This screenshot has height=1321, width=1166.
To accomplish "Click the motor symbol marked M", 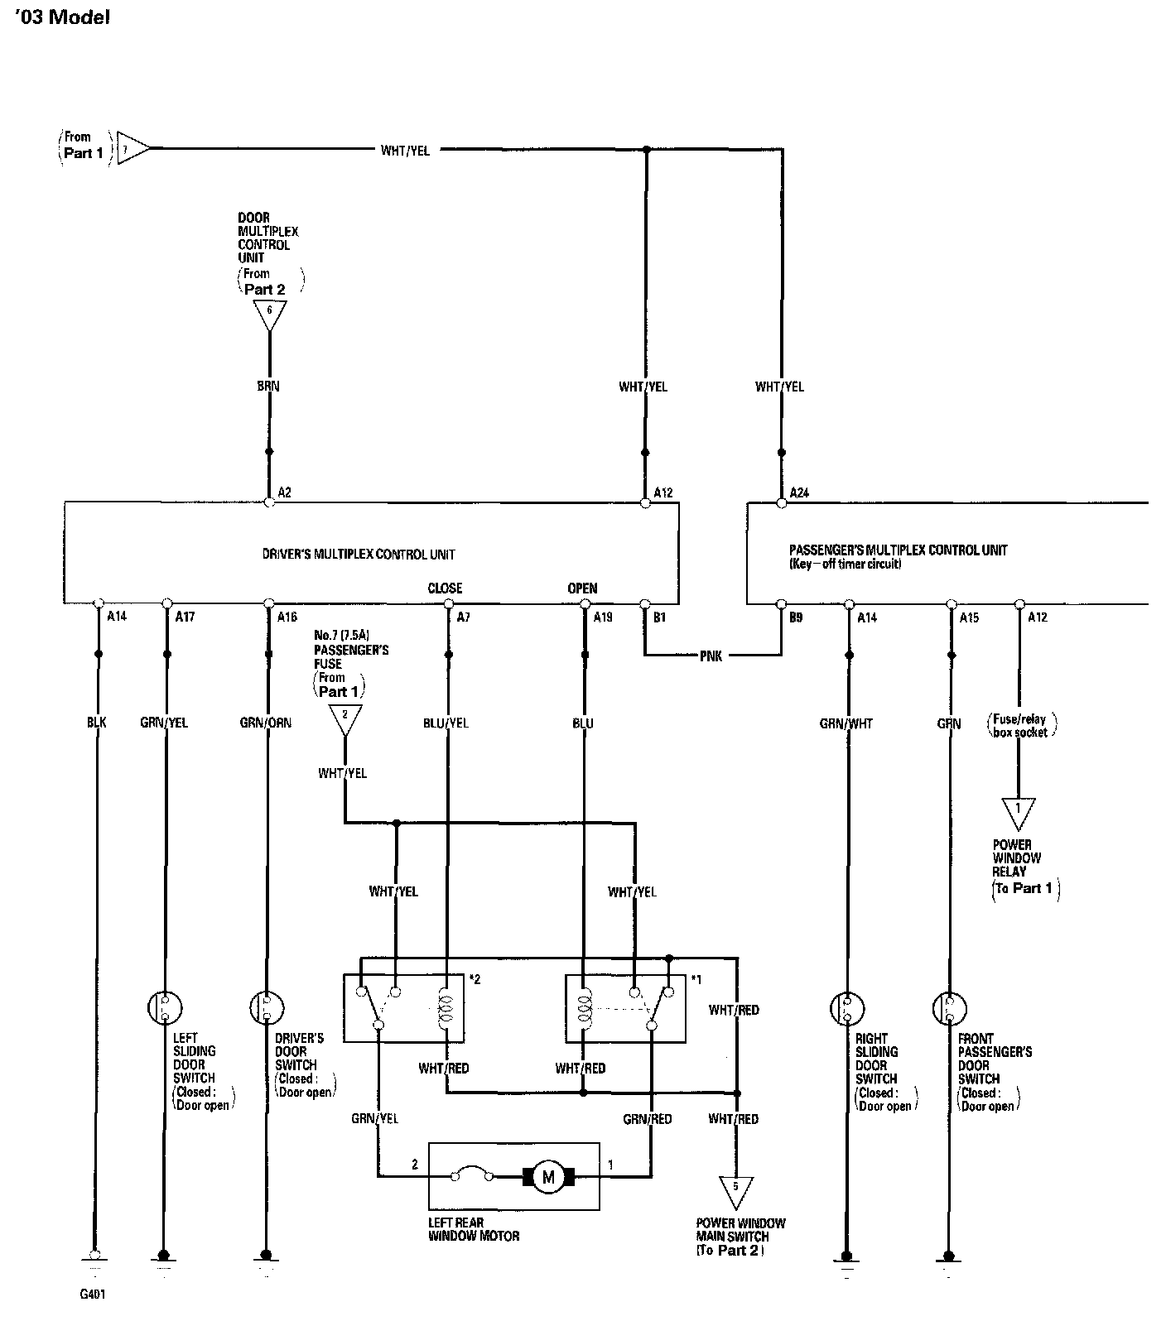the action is click(547, 1175).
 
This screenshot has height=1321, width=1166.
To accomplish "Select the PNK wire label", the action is click(711, 656).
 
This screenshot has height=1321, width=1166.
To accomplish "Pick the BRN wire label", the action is click(268, 386).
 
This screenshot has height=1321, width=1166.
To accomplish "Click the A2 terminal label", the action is click(284, 492).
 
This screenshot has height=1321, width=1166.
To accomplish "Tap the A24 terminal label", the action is click(799, 492).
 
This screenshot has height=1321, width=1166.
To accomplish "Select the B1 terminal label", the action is click(660, 617).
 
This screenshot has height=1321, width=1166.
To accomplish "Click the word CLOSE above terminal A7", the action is click(445, 588).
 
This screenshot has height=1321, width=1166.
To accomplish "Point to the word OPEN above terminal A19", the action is click(582, 588).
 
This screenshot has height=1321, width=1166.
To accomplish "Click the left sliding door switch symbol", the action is click(165, 1007).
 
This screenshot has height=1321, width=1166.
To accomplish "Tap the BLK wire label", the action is click(97, 723).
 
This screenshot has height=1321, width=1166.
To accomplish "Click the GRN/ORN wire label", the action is click(266, 723).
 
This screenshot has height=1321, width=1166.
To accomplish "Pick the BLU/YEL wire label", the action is click(446, 723).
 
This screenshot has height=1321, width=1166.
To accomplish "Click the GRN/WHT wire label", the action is click(846, 723).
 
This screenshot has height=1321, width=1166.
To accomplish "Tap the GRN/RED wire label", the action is click(648, 1119).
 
